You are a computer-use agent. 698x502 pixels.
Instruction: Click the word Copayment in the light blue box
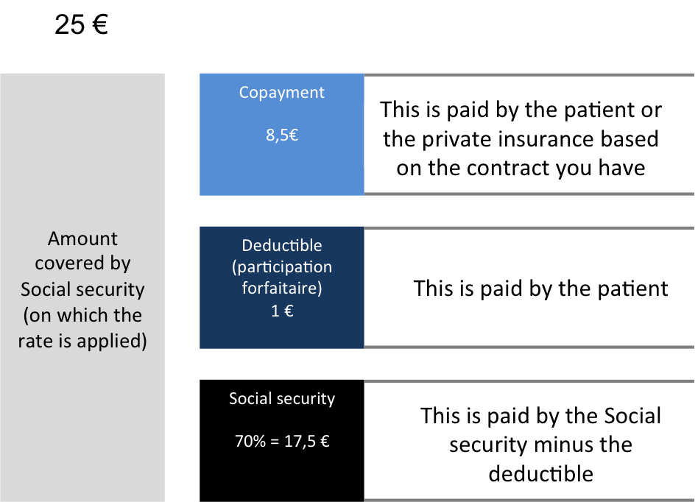281,93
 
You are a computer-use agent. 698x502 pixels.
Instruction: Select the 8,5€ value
281,135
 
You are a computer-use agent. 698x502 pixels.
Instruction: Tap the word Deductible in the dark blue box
282,245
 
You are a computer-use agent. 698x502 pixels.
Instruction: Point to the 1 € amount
282,311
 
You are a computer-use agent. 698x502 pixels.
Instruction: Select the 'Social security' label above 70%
282,399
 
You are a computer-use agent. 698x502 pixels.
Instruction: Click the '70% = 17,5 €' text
282,442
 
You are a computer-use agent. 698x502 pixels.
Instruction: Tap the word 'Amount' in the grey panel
82,238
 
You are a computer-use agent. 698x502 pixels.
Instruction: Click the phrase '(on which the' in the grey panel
82,316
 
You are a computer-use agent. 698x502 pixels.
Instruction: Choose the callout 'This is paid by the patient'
540,288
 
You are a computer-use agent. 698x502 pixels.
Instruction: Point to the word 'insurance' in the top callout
551,139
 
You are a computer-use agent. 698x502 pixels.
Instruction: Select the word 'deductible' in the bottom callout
540,473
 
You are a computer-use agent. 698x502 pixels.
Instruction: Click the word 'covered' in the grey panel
82,264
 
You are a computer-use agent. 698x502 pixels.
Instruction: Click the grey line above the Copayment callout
529,74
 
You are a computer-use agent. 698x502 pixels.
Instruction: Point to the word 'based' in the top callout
630,139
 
